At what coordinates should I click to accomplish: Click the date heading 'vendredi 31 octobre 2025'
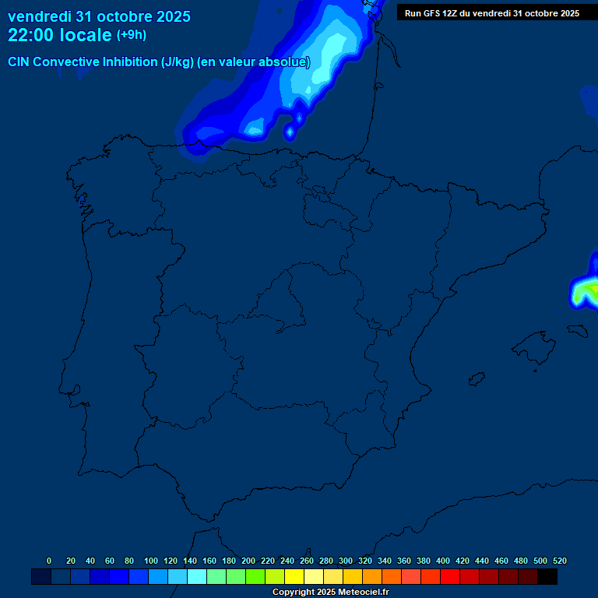(x=99, y=16)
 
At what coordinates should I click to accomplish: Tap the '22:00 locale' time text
(x=60, y=35)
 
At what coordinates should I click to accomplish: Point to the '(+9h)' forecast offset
(x=131, y=35)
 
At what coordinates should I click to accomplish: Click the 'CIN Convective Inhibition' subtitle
(x=159, y=62)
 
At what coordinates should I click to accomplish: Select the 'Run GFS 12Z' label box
(x=491, y=13)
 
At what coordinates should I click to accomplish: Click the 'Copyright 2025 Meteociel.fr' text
(x=330, y=593)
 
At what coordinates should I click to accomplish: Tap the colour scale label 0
(x=49, y=561)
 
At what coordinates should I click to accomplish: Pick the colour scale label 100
(x=151, y=561)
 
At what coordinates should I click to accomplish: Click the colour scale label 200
(x=248, y=561)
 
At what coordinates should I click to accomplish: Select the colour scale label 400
(x=443, y=561)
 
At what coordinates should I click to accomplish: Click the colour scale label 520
(x=560, y=561)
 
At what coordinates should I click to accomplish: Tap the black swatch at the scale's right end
(x=547, y=577)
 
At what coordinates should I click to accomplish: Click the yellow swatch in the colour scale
(x=294, y=577)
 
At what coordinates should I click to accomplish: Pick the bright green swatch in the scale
(x=255, y=577)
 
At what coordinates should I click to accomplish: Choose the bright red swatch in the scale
(x=450, y=577)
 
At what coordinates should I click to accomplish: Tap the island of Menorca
(x=577, y=330)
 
